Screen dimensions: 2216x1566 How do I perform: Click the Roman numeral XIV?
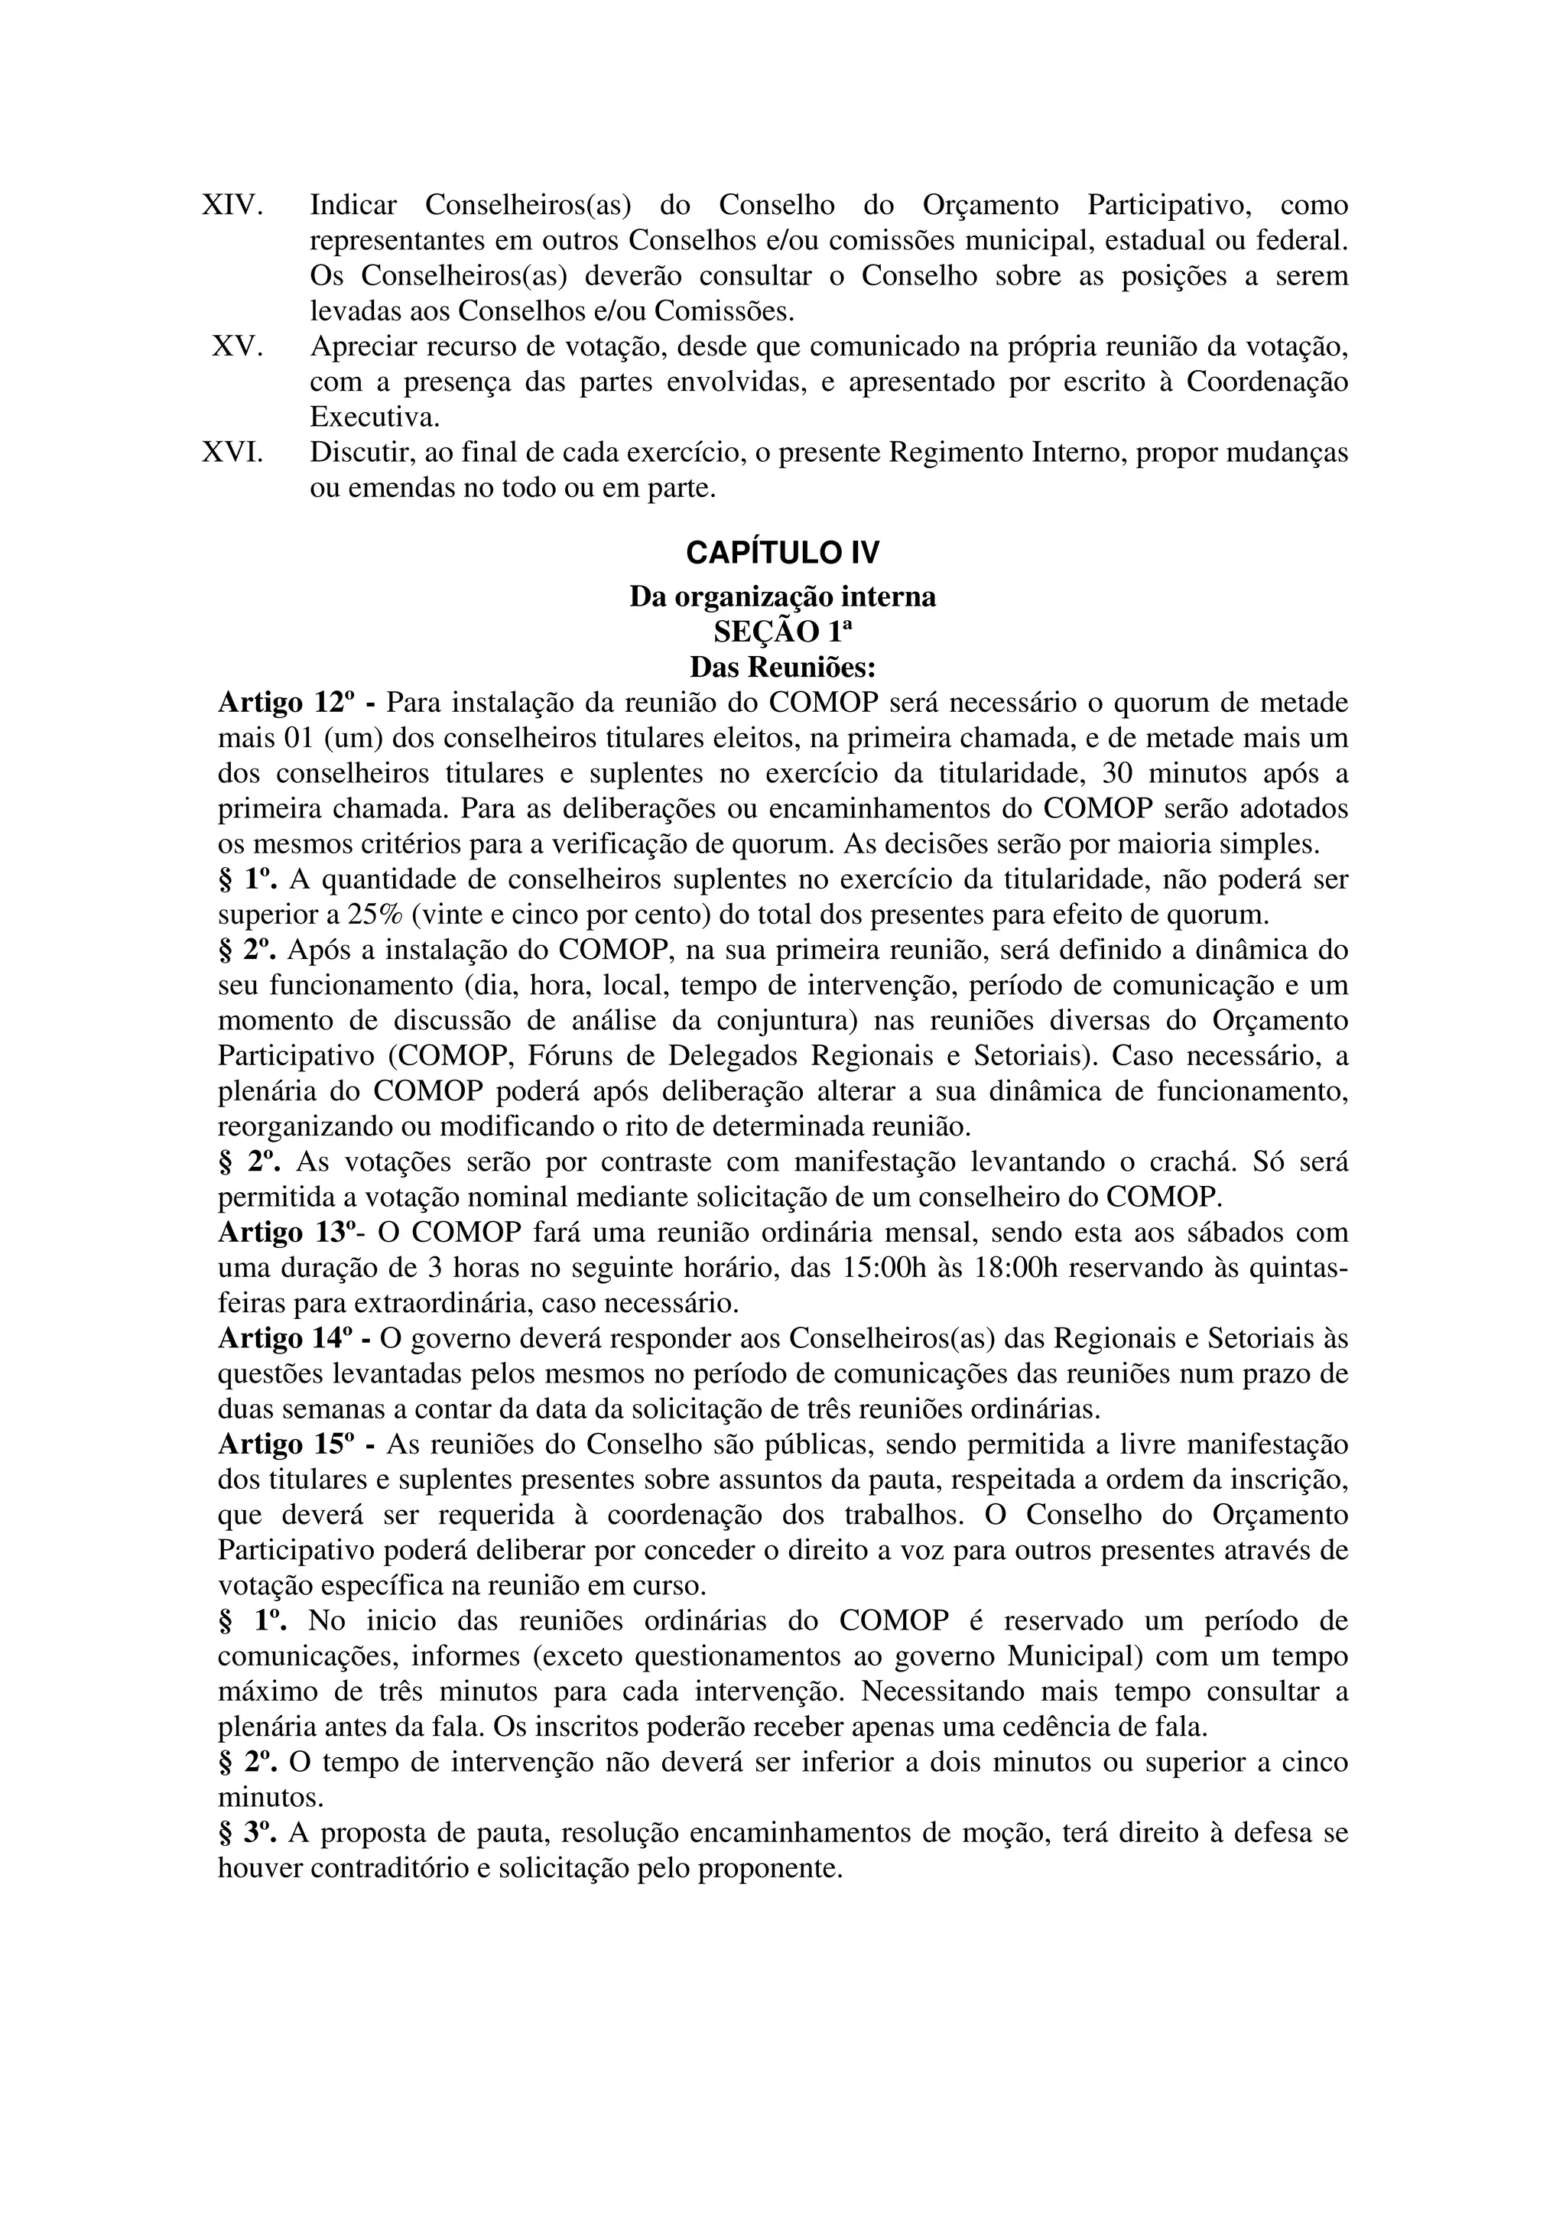click(x=232, y=206)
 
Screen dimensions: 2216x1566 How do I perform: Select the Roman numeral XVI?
click(x=232, y=453)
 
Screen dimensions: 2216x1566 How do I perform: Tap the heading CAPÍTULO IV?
click(x=782, y=553)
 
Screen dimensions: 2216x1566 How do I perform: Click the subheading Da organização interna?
click(x=782, y=596)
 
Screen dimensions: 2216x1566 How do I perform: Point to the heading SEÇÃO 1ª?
click(x=782, y=632)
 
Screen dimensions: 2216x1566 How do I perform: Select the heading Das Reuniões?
click(x=782, y=667)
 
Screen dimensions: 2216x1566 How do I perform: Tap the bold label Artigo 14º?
click(x=287, y=1340)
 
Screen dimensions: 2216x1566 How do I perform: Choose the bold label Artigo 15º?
click(x=287, y=1446)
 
